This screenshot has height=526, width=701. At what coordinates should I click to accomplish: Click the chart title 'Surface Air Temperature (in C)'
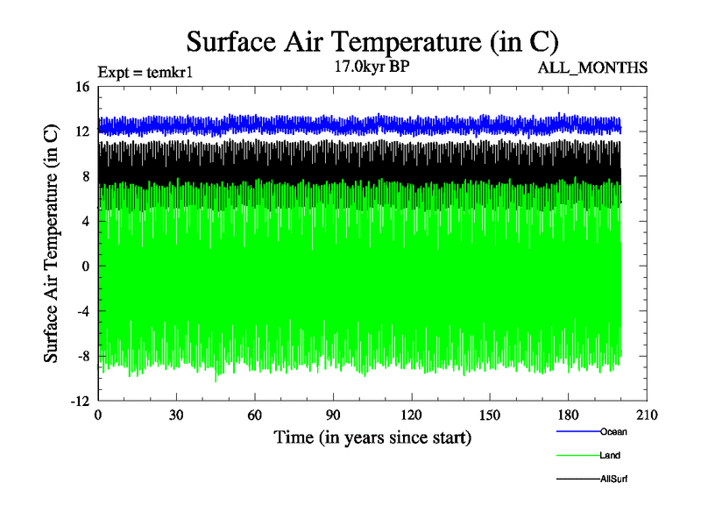point(372,41)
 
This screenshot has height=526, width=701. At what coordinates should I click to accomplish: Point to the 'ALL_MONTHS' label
point(598,67)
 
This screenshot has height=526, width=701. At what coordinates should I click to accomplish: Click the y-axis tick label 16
point(82,86)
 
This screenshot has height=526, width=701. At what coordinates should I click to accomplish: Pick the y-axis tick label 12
point(82,131)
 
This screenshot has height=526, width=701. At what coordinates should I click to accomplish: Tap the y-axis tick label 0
point(86,266)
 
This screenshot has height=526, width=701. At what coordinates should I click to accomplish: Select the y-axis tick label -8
point(82,356)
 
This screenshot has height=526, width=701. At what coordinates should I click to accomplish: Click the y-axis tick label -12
point(80,401)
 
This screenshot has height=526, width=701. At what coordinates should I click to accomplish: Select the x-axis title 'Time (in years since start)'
point(372,437)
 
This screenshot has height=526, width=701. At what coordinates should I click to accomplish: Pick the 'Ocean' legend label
point(613,431)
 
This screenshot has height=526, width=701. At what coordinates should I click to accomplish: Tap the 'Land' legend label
point(611,455)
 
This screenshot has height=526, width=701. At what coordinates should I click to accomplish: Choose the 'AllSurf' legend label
point(614,479)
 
